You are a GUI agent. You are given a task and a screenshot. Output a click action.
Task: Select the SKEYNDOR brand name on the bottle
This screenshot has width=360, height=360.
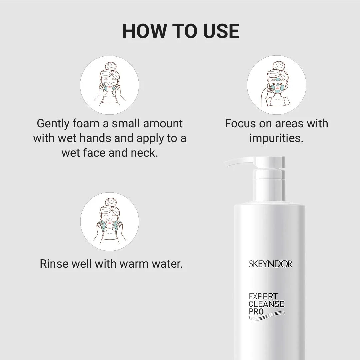(270, 264)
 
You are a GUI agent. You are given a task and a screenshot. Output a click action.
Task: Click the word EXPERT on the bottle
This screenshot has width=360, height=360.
(263, 296)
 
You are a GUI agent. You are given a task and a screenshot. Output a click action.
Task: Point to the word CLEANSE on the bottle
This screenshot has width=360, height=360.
(267, 304)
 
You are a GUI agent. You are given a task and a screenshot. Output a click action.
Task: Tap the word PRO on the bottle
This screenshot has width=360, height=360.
(256, 312)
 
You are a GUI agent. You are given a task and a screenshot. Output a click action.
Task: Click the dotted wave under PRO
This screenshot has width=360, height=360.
(267, 316)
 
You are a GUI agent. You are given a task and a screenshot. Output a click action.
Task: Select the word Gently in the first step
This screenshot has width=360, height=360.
(53, 124)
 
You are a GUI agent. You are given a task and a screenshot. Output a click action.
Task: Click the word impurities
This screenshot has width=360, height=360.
(276, 138)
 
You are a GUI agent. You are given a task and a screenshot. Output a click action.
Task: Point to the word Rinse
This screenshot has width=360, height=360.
(54, 264)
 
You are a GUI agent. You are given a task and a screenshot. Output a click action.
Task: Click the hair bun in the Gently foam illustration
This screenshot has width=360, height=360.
(110, 66)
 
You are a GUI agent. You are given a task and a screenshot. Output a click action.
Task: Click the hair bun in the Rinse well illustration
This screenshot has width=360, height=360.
(111, 203)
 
